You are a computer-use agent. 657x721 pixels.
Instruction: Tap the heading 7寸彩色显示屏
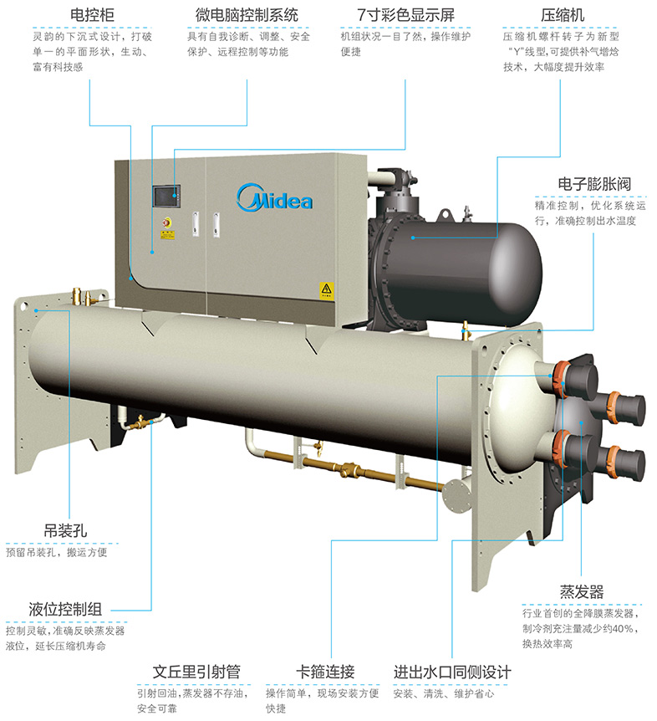click(x=394, y=15)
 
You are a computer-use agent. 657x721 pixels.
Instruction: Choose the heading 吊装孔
click(x=66, y=530)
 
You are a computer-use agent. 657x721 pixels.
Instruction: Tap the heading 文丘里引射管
click(x=197, y=672)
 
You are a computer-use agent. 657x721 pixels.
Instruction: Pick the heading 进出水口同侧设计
click(x=452, y=672)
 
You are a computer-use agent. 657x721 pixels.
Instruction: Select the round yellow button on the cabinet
click(x=166, y=223)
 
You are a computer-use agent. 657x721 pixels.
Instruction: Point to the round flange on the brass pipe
click(x=456, y=494)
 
